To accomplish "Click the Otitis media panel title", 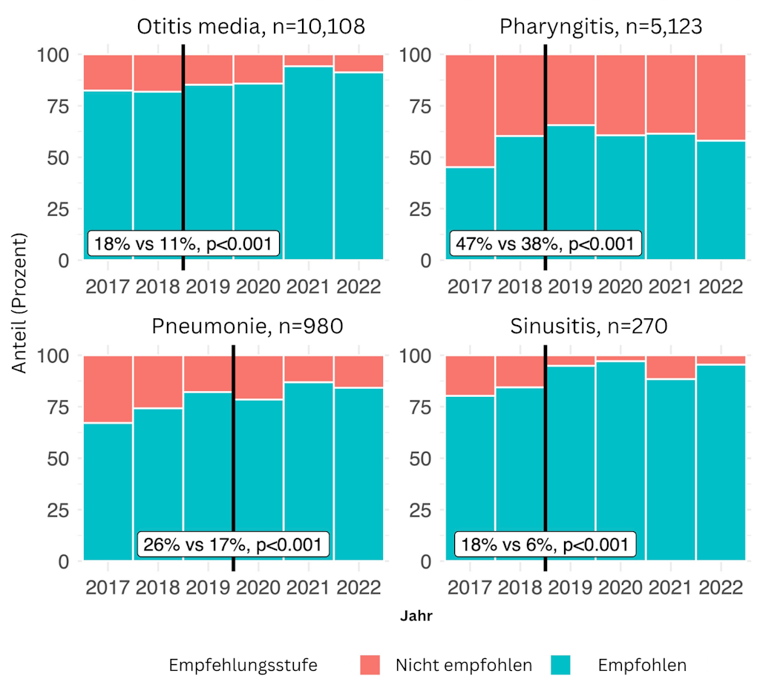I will pos(251,27).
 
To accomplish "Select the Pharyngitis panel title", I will pos(600,27).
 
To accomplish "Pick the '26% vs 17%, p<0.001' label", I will pos(233,545).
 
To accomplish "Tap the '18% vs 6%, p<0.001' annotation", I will pos(546,545).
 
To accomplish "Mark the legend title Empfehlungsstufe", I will pos(243,665).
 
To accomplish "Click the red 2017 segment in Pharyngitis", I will pos(471,111).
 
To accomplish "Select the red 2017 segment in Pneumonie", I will pos(108,389).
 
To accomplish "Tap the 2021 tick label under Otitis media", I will pos(309,287).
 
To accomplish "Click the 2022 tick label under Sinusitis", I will pos(720,588).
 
